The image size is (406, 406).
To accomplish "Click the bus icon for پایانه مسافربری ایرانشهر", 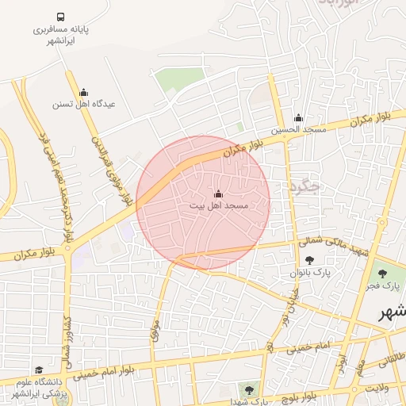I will pos(61,17).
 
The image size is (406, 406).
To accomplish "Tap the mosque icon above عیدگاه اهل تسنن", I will pos(83,92).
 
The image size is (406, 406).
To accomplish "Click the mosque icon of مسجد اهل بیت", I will pos(218,193).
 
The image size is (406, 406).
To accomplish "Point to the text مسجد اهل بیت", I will pos(219,205).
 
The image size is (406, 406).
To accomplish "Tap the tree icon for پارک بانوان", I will pos(308,259).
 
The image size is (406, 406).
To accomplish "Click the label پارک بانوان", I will pos(309,271).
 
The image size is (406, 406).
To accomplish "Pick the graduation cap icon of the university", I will pos(40,370).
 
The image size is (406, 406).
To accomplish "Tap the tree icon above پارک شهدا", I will pos(250,389).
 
